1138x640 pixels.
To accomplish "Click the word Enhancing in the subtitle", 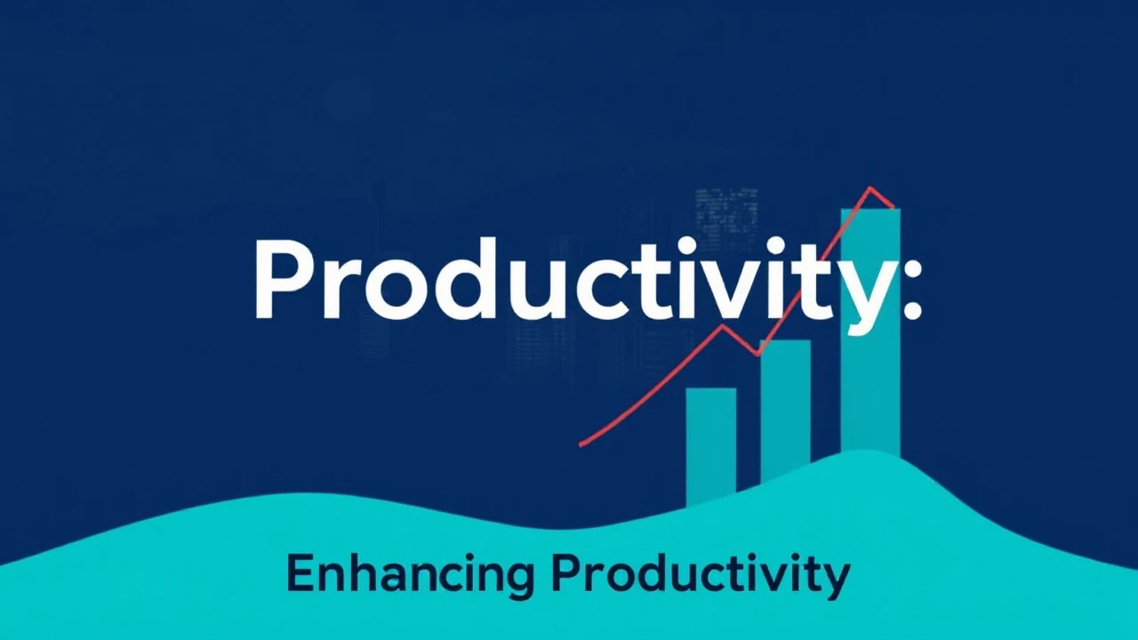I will [410, 575].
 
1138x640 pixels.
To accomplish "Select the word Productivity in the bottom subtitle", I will [700, 575].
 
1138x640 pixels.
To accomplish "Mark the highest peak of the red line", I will [870, 188].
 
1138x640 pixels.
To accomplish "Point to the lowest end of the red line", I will [581, 443].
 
